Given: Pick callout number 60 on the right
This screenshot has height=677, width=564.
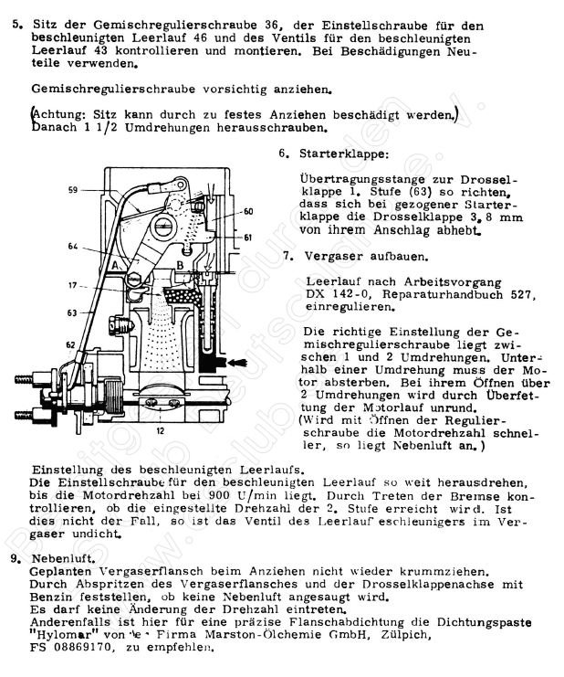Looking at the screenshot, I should click(248, 211).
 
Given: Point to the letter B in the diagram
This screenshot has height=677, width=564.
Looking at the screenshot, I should click(181, 265).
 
